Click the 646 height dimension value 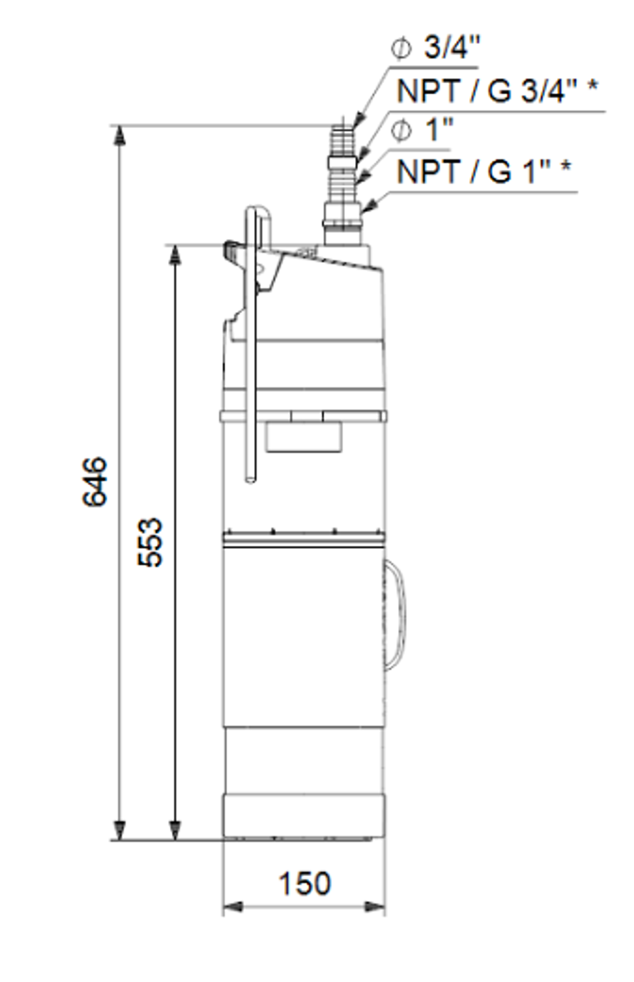point(95,481)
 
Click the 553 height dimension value point(151,543)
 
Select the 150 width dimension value point(305,884)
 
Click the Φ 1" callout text point(422,131)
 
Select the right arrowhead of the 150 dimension point(375,907)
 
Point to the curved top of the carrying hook point(259,211)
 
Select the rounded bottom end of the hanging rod point(251,479)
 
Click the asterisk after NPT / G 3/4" point(592,87)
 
